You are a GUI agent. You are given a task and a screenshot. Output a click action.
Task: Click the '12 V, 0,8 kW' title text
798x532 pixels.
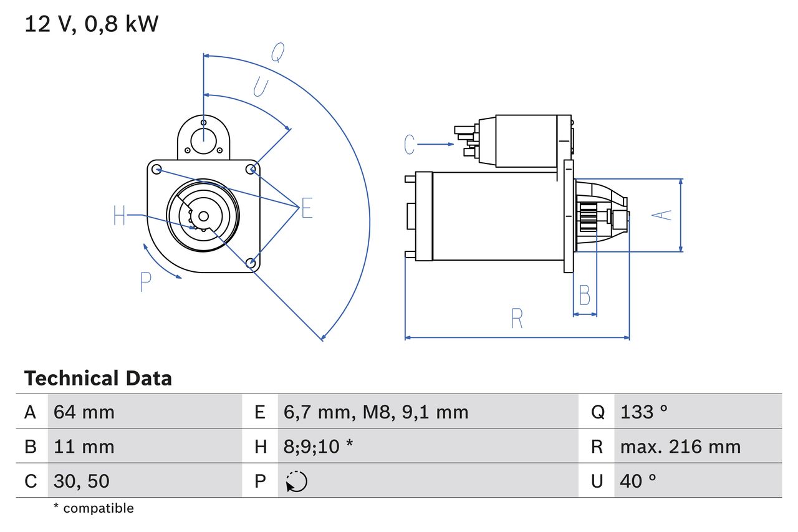tap(92, 24)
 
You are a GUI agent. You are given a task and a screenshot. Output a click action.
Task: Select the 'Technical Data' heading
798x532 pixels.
tap(98, 378)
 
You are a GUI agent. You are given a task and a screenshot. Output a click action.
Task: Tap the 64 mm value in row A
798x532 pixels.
tap(84, 412)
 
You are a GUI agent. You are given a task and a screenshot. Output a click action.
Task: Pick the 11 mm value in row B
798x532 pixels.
tap(84, 447)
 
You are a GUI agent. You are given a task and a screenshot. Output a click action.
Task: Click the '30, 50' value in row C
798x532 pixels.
tap(82, 481)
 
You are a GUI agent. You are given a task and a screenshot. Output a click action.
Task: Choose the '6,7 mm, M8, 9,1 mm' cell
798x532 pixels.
tap(376, 412)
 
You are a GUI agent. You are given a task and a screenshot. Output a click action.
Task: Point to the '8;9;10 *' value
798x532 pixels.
tap(319, 447)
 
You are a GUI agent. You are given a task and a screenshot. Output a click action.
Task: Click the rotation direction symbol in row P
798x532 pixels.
tap(297, 481)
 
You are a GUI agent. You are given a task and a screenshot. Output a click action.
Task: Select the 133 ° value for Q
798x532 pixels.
tap(644, 412)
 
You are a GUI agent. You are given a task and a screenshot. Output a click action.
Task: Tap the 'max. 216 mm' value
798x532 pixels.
tap(680, 447)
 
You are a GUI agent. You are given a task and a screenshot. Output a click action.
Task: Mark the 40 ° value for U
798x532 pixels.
tap(638, 481)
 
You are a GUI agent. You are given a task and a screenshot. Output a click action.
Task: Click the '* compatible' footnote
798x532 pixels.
tap(94, 508)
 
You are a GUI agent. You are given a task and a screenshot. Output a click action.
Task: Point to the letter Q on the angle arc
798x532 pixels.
tap(277, 54)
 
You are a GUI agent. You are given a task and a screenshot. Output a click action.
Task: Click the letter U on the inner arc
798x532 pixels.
tap(261, 87)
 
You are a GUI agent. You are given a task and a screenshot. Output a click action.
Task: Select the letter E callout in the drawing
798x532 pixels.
tap(306, 209)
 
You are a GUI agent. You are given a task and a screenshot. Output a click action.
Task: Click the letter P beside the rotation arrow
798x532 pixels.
tap(146, 282)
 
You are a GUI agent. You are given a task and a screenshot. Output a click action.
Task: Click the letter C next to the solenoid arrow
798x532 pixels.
tap(409, 144)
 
